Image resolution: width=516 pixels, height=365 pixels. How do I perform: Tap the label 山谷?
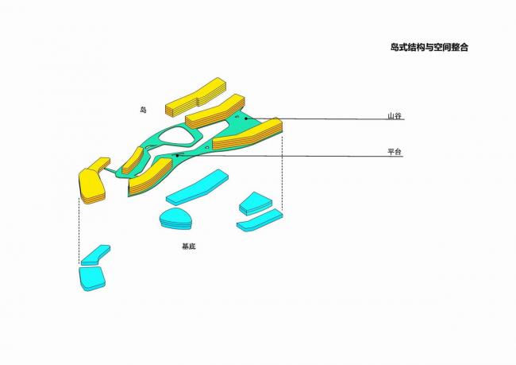[395, 116]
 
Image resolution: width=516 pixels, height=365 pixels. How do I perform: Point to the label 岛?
[143, 110]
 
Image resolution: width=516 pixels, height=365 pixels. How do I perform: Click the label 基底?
[188, 247]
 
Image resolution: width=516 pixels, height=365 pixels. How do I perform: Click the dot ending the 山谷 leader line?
[246, 118]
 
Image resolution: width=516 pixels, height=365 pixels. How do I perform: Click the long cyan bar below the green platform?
[196, 186]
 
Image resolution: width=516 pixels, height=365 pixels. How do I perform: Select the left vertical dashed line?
[79, 231]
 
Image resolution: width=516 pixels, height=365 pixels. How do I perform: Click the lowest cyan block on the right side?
[259, 220]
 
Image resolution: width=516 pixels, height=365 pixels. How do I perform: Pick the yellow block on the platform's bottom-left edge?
[150, 177]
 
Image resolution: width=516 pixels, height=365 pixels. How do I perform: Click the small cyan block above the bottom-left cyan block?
[94, 254]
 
